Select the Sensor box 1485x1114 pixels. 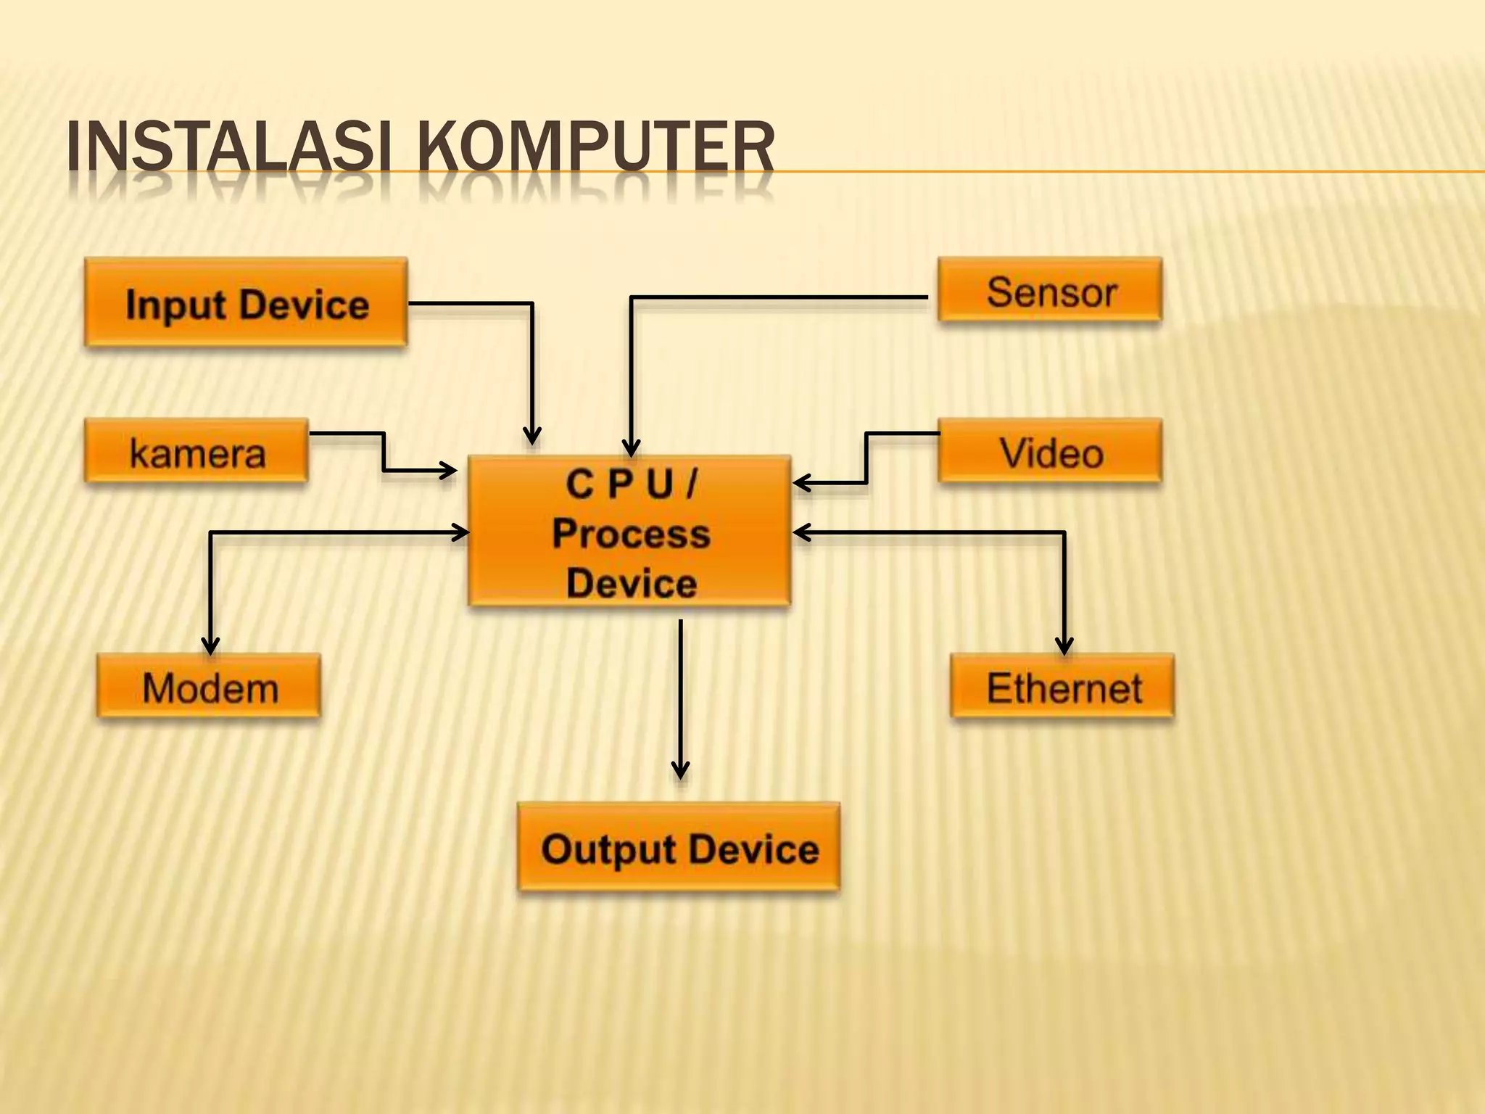(1049, 290)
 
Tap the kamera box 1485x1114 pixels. (196, 451)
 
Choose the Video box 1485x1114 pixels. (1049, 451)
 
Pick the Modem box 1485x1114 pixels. (209, 686)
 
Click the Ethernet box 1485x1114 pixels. (1062, 686)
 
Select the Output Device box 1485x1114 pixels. (679, 847)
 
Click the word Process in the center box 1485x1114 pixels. (631, 534)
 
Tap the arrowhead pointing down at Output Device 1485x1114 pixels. (680, 770)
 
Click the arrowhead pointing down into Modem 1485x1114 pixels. (210, 645)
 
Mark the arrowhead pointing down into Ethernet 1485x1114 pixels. (1064, 645)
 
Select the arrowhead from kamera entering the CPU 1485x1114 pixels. (448, 471)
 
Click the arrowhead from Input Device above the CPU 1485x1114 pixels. (532, 437)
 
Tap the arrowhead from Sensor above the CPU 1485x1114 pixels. (632, 448)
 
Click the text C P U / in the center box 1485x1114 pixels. (631, 484)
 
